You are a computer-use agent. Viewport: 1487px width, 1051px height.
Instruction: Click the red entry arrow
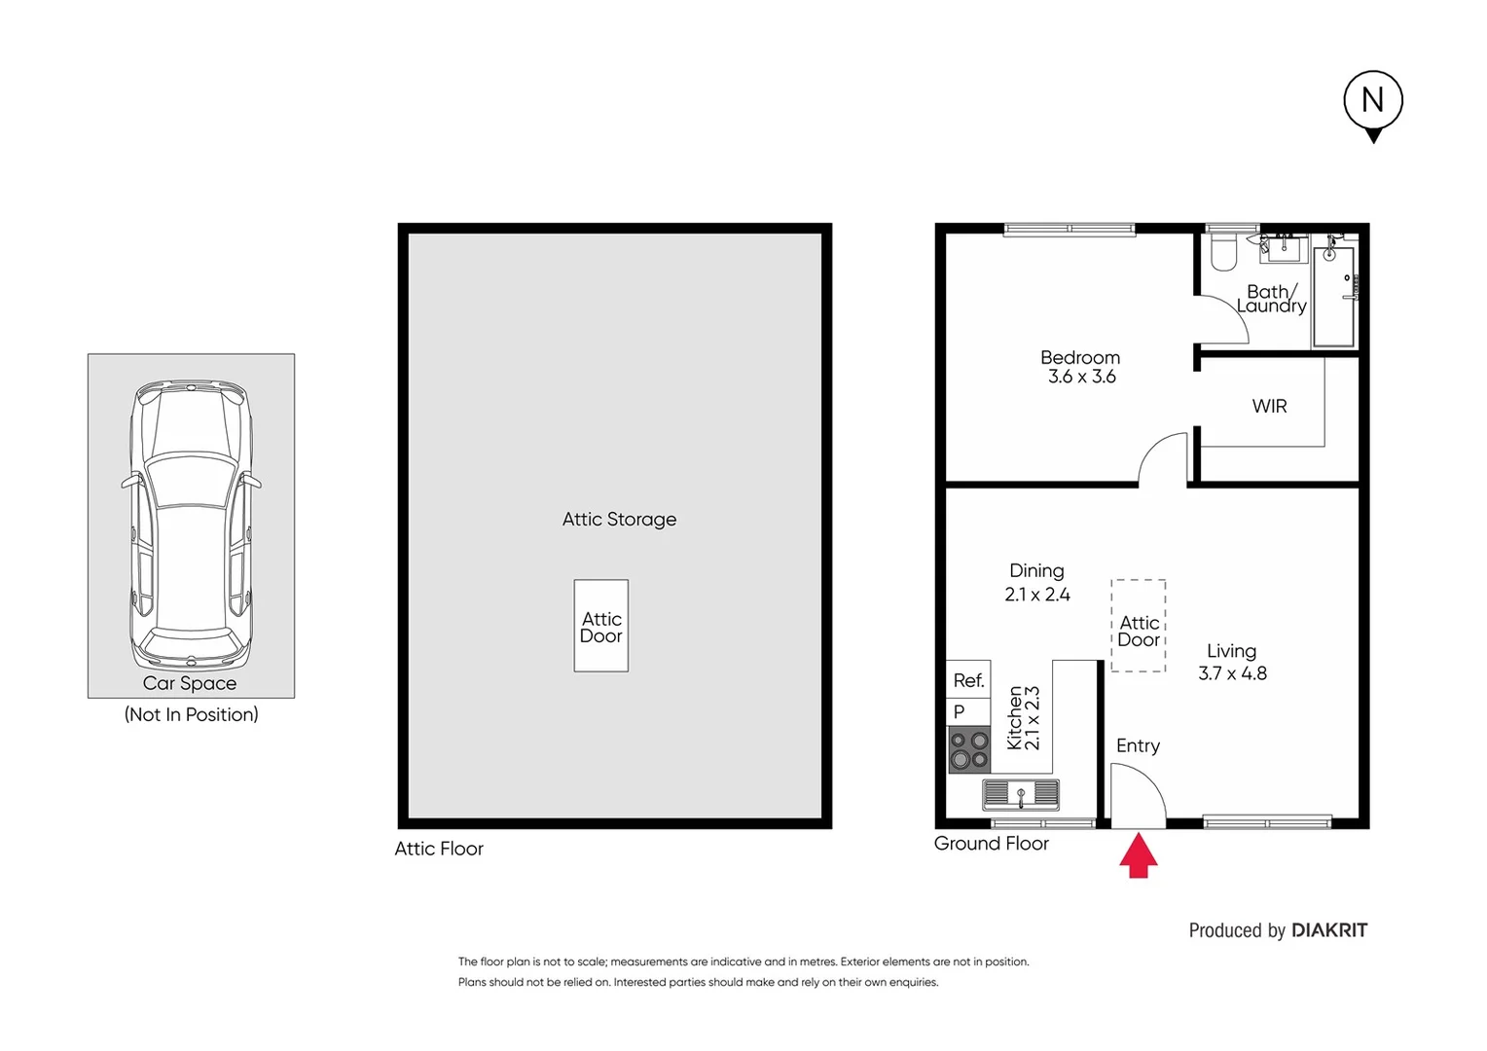(x=1138, y=857)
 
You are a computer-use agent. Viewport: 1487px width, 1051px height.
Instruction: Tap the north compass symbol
(x=1372, y=101)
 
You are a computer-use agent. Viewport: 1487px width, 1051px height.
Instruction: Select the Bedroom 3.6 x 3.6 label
(x=1080, y=367)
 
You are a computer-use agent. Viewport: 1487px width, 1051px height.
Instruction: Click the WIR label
(x=1269, y=407)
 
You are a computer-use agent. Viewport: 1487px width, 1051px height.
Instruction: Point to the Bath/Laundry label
(x=1272, y=299)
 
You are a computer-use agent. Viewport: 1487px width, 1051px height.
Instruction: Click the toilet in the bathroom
(x=1222, y=253)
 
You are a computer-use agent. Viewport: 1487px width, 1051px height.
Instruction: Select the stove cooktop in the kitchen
(x=969, y=749)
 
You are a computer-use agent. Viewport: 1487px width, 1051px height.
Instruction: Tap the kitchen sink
(x=1020, y=794)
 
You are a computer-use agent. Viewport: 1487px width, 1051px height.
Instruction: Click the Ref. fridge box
(x=968, y=680)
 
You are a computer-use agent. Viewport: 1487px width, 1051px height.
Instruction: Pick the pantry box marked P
(x=968, y=711)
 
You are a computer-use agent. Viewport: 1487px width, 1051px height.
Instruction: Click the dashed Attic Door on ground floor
(x=1138, y=627)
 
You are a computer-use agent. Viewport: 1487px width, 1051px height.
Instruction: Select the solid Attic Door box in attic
(x=600, y=627)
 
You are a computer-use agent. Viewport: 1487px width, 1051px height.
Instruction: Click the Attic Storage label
(x=619, y=520)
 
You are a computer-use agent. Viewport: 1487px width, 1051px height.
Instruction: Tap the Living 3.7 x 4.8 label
(x=1232, y=662)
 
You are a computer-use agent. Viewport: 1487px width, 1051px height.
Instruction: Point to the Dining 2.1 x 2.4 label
(x=1037, y=582)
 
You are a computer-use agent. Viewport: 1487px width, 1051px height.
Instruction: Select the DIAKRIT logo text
(x=1329, y=930)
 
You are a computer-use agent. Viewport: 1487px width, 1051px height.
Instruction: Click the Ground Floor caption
(x=991, y=844)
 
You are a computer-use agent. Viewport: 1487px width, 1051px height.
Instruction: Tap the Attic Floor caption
(x=439, y=849)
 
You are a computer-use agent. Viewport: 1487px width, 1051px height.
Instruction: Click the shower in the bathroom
(x=1333, y=296)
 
